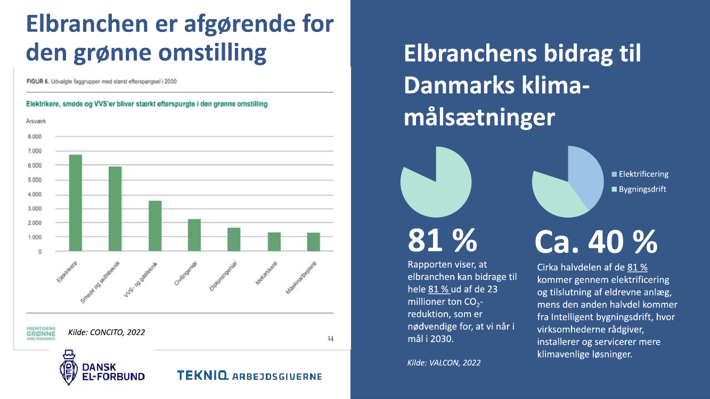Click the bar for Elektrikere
coord(76,203)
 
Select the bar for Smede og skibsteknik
coord(115,209)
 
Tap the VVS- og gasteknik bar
coord(155,226)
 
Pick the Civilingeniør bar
coord(194,235)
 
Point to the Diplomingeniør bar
coord(234,239)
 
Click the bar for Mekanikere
coord(274,242)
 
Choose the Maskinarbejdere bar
coord(313,242)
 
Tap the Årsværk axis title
coord(36,121)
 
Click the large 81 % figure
coord(442,240)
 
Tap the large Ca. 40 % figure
coord(595,243)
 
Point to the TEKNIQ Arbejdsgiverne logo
coord(249,376)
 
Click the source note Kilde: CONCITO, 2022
coord(107,332)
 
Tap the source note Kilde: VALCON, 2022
coord(444,363)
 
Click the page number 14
coord(330,338)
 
